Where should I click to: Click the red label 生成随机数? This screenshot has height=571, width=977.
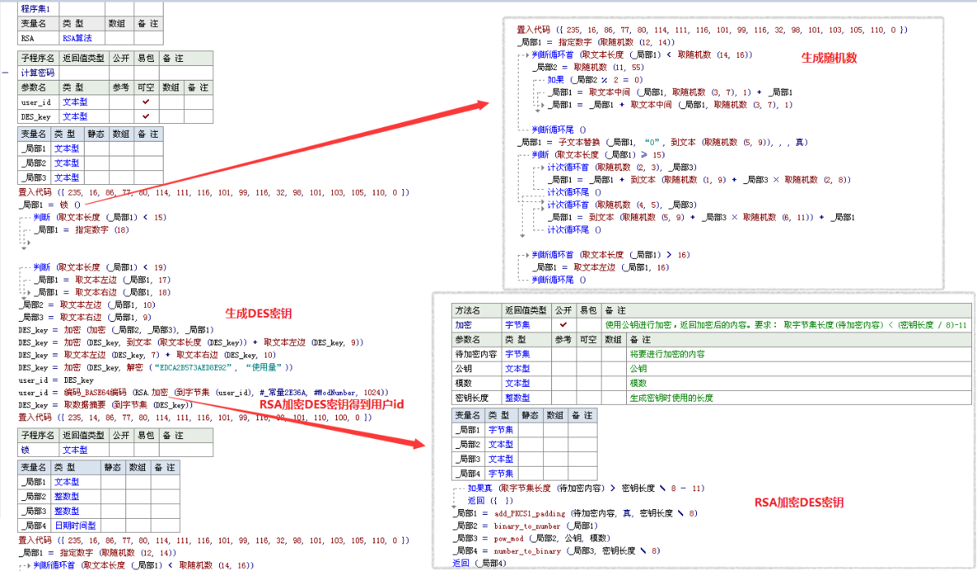(829, 58)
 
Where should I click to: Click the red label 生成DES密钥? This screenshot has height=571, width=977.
(253, 312)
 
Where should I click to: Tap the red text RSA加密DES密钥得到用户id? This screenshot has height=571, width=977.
(331, 404)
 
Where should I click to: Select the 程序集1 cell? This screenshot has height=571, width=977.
(36, 7)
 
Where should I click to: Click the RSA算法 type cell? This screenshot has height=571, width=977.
(78, 37)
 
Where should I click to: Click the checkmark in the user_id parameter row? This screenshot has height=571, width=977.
(146, 102)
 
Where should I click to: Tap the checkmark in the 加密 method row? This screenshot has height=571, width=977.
(563, 324)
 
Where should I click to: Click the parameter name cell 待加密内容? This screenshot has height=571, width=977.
(477, 354)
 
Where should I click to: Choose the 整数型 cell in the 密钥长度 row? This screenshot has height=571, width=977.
(518, 398)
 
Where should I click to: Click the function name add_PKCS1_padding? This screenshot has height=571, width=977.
(528, 514)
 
